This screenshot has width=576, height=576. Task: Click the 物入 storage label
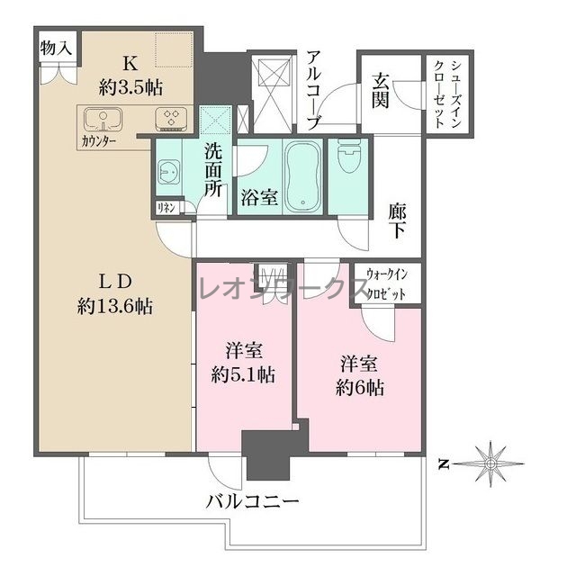click(x=56, y=48)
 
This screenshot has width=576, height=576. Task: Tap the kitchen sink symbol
click(x=103, y=120)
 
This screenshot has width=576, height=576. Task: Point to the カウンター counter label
click(x=99, y=141)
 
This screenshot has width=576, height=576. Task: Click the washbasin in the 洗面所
click(x=168, y=172)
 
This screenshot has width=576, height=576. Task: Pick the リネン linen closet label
click(x=166, y=208)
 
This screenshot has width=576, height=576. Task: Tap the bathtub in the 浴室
click(x=303, y=176)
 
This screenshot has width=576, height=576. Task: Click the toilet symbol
click(x=348, y=156)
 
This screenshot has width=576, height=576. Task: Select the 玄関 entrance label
click(x=380, y=90)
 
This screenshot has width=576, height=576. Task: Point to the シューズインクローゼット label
click(x=447, y=94)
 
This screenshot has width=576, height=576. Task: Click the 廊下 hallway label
click(x=398, y=221)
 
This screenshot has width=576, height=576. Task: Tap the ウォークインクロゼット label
click(x=387, y=284)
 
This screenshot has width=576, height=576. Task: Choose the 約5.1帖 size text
click(x=243, y=375)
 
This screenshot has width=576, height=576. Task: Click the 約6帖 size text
click(x=360, y=388)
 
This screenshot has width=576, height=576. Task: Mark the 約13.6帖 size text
click(x=115, y=306)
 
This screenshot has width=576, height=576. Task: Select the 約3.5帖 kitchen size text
click(x=130, y=88)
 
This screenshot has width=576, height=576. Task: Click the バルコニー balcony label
click(x=252, y=501)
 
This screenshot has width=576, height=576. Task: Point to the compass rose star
click(x=490, y=464)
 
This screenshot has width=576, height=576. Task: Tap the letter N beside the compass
click(x=444, y=464)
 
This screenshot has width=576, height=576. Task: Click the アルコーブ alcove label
click(x=314, y=91)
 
